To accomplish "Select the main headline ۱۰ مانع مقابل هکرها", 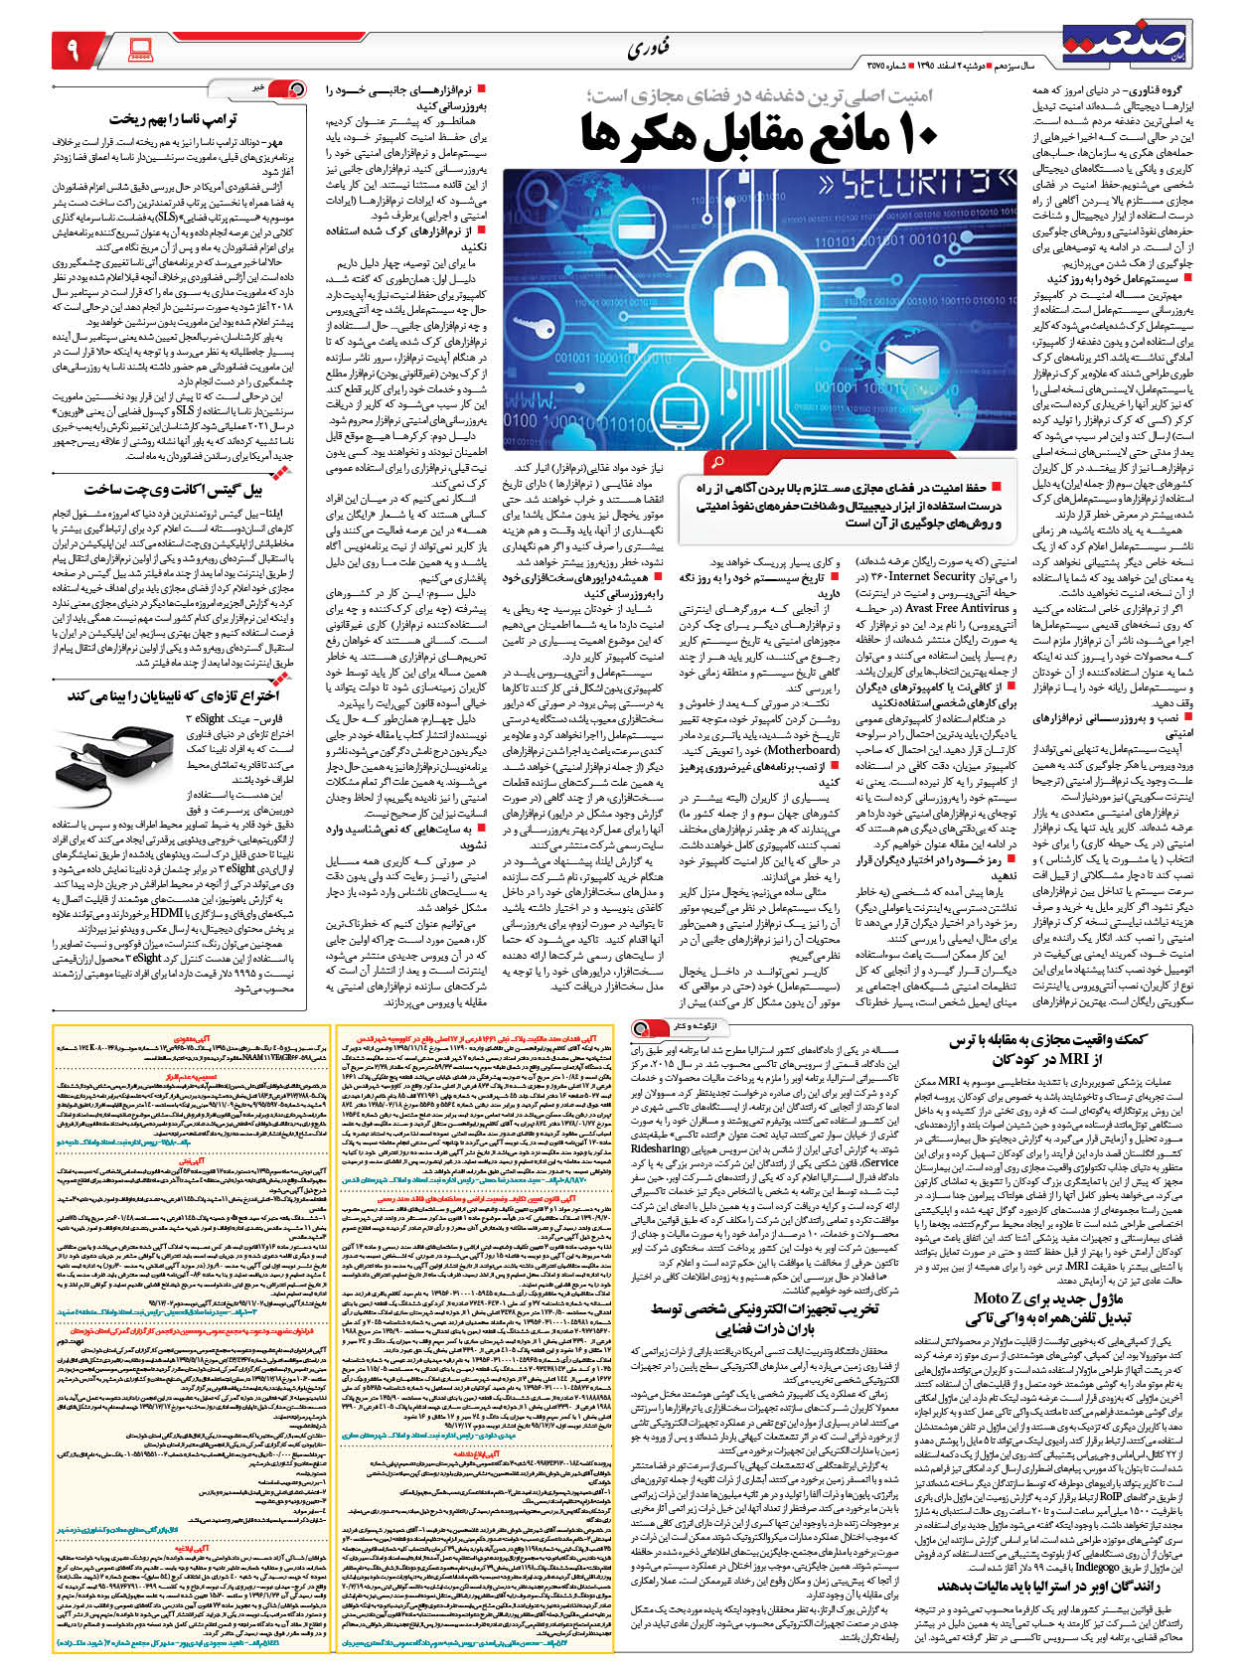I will click(761, 133).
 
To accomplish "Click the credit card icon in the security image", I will click(636, 225).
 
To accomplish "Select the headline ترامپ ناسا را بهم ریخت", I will click(173, 119).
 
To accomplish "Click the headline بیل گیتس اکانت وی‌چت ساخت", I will click(173, 489).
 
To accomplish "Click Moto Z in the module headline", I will click(1011, 1297).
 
